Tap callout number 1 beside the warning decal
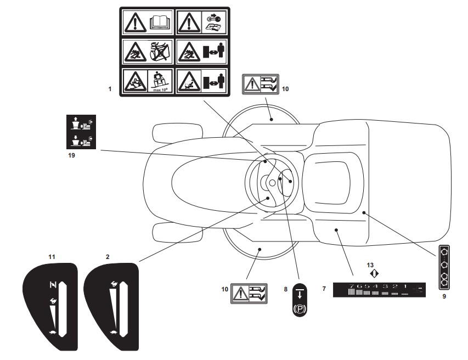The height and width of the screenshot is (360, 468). [x=110, y=89]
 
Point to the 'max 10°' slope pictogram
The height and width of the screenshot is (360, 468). [x=160, y=81]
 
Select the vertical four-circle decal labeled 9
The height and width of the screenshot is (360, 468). [x=444, y=267]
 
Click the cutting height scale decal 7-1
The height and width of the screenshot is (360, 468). [x=379, y=289]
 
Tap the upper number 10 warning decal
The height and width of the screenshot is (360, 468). [x=261, y=85]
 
